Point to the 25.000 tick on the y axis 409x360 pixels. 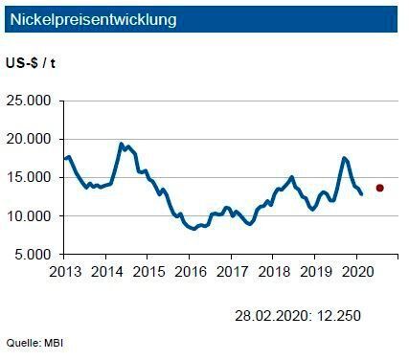pyautogui.click(x=33, y=101)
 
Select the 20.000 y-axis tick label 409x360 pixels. pyautogui.click(x=33, y=139)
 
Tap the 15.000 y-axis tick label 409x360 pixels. pyautogui.click(x=33, y=177)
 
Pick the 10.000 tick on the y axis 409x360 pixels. pyautogui.click(x=33, y=216)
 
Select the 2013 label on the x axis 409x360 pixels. pyautogui.click(x=64, y=271)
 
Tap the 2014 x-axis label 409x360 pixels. pyautogui.click(x=105, y=271)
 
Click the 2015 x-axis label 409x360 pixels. pyautogui.click(x=148, y=271)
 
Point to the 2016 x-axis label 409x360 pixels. pyautogui.click(x=189, y=271)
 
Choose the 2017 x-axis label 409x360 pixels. pyautogui.click(x=231, y=271)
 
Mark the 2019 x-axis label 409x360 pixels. pyautogui.click(x=314, y=271)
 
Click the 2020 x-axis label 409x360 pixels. pyautogui.click(x=355, y=271)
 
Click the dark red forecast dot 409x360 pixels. pyautogui.click(x=380, y=188)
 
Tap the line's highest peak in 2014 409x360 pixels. pyautogui.click(x=122, y=145)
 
